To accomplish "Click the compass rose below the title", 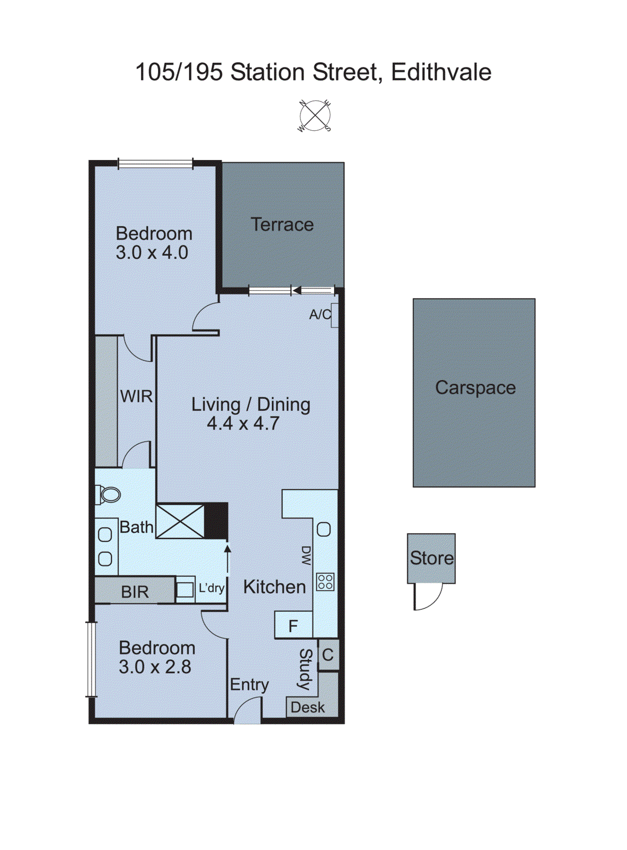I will point(314,115).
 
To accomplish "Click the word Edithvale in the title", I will point(441,72).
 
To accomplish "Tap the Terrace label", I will point(282,225).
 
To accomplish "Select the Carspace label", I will point(475,388).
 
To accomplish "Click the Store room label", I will point(431,558).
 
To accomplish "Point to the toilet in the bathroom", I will point(108,495).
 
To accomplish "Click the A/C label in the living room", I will point(320,314).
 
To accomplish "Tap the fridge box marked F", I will point(293,626).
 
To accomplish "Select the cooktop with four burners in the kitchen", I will point(325,582).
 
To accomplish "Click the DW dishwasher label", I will point(306,556).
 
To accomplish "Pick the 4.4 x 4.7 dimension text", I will point(243,424).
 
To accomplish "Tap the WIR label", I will point(136,396).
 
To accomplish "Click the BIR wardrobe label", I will point(135,592).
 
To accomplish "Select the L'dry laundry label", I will point(211,588).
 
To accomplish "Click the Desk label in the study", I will point(307,708).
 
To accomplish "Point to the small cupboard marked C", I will point(328,655).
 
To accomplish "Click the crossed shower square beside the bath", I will point(180,521).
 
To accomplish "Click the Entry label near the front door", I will point(249,685).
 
